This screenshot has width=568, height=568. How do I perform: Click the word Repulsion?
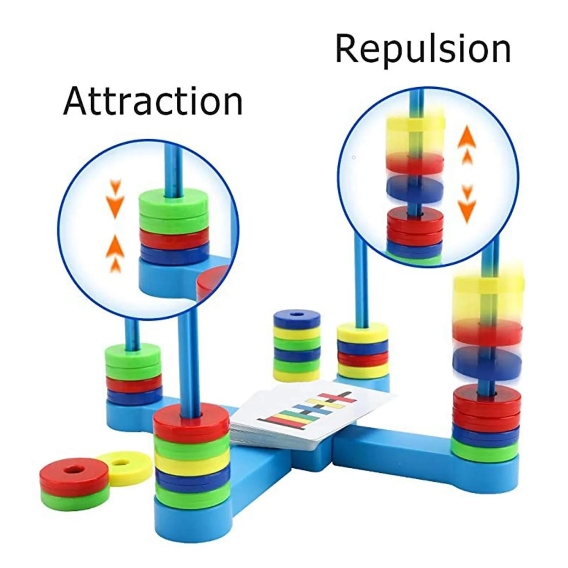[423, 49]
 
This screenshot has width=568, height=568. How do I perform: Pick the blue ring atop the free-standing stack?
[297, 318]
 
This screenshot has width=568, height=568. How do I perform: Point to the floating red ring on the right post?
[487, 331]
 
